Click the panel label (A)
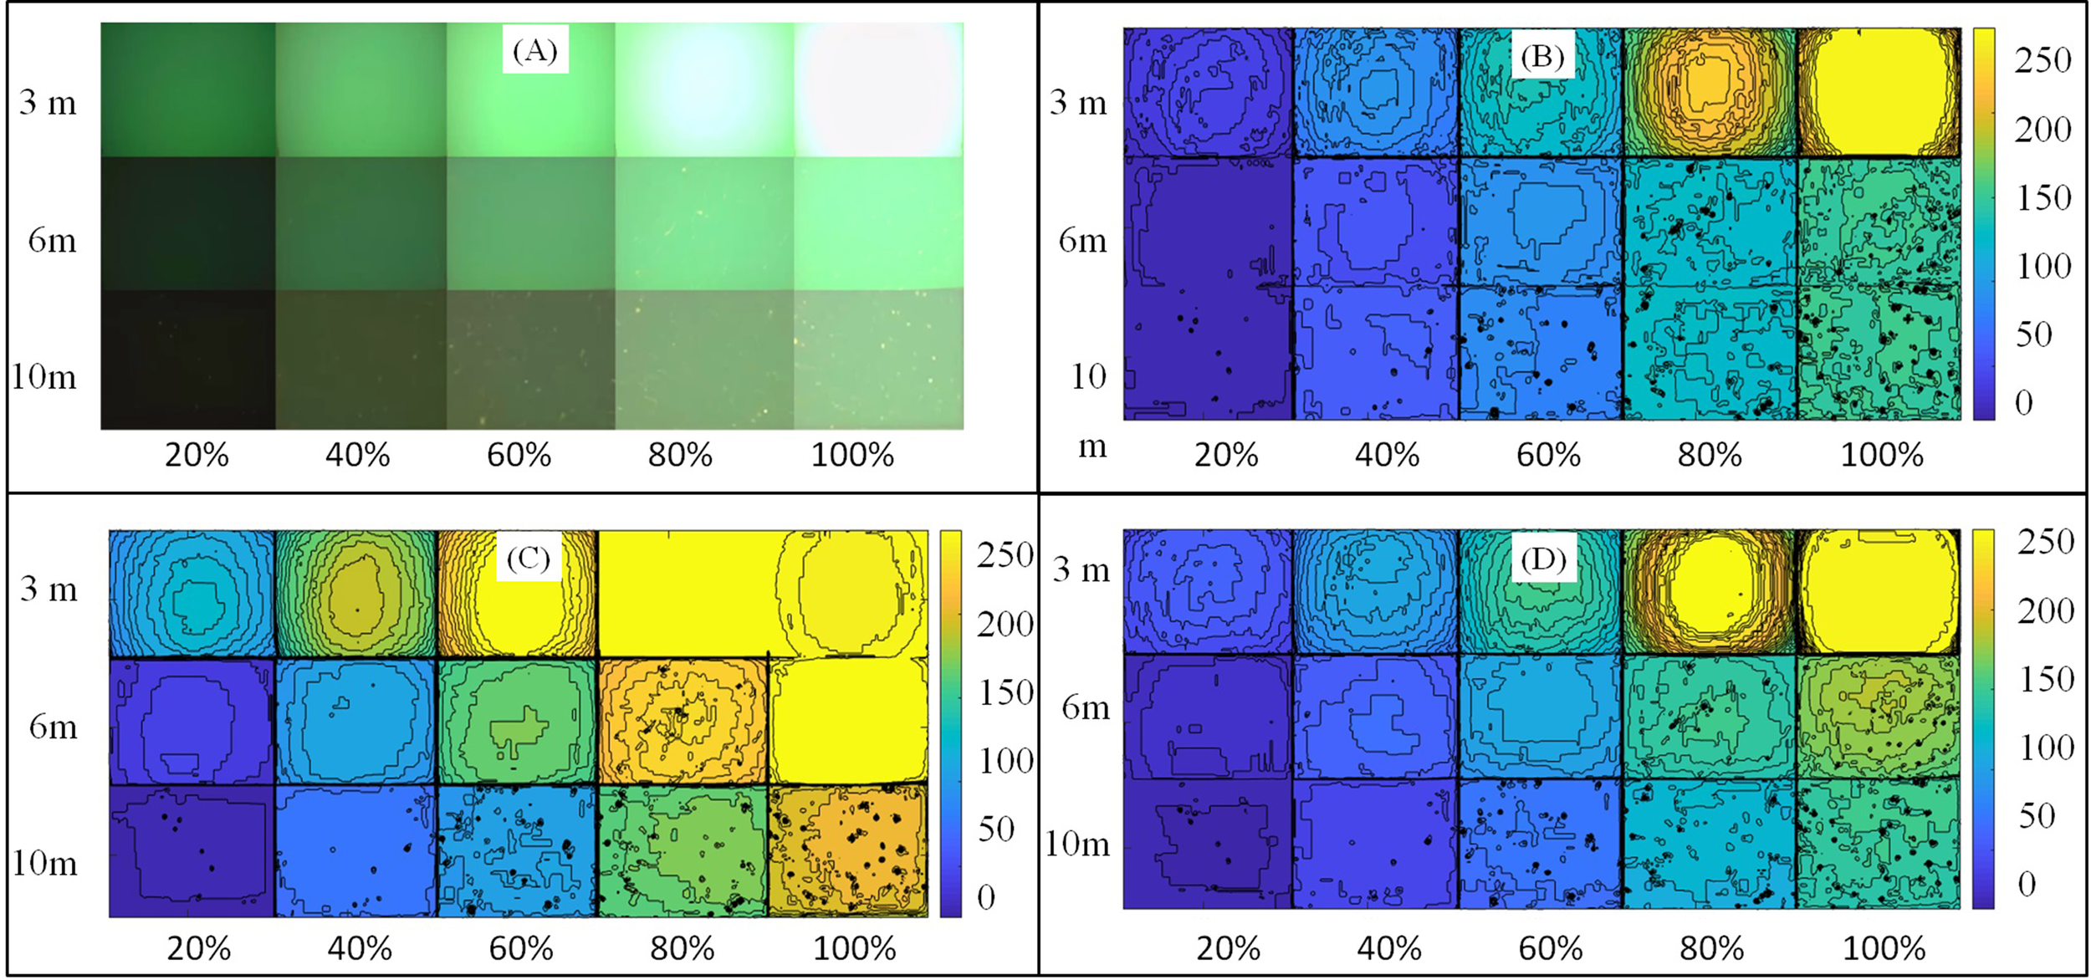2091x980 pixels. (535, 51)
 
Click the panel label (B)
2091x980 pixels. (1542, 56)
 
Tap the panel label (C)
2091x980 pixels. (528, 558)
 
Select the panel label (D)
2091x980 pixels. (1543, 558)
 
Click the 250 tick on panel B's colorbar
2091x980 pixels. (2042, 60)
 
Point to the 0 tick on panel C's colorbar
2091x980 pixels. (986, 898)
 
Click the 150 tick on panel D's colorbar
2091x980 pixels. (2046, 679)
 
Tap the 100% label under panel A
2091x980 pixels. (852, 456)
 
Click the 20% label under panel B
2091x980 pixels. (1225, 456)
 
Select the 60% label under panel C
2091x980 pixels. (520, 949)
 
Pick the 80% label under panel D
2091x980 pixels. (1711, 949)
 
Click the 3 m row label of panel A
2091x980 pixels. (48, 103)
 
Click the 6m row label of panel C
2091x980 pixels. (53, 727)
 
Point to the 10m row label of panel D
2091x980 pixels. (1077, 845)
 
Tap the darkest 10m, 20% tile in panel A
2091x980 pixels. (188, 360)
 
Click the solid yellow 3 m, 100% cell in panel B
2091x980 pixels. (1878, 92)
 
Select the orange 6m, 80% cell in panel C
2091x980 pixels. (683, 721)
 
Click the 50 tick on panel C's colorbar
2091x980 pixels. (995, 829)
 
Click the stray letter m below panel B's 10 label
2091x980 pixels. (1092, 447)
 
